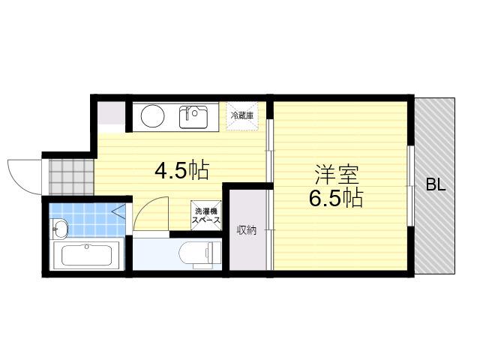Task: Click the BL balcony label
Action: tap(436, 185)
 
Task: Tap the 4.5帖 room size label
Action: tap(181, 170)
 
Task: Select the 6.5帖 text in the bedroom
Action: tap(336, 198)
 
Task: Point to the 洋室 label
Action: tap(336, 174)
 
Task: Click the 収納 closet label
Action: tap(247, 230)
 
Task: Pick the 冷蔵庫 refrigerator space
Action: tap(241, 116)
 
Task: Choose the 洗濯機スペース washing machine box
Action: tap(205, 215)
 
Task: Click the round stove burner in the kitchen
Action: tap(153, 116)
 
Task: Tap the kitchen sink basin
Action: tap(193, 117)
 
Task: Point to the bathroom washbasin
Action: tap(59, 228)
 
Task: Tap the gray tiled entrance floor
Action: tap(71, 177)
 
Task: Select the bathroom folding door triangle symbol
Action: tap(119, 211)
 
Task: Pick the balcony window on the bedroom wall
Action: tap(410, 186)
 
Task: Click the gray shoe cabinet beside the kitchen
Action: tap(111, 112)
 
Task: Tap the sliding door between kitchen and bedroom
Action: tap(269, 194)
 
